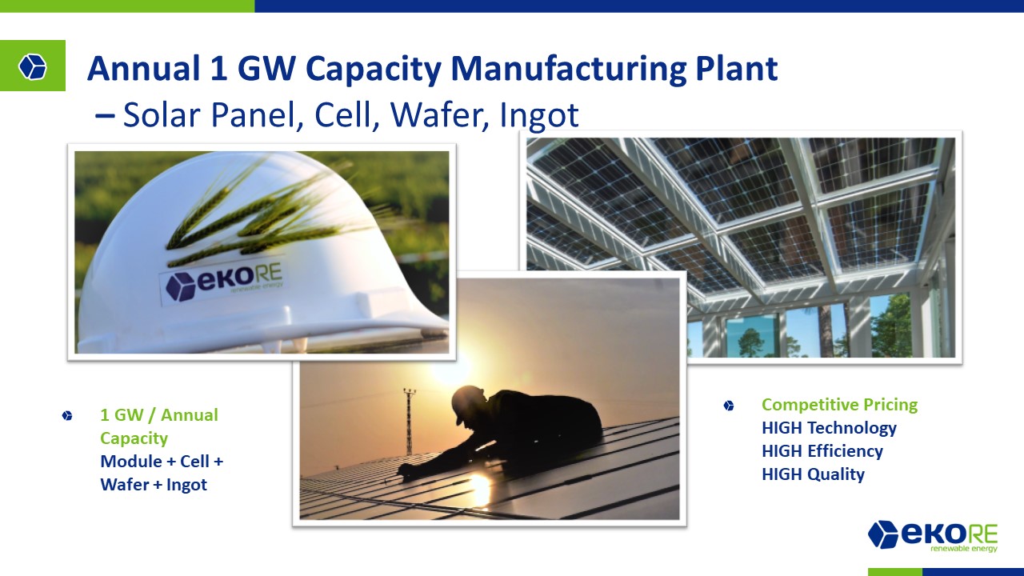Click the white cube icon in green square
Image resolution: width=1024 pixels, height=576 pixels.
pos(33,66)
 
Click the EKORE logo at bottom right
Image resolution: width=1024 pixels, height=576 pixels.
pos(933,536)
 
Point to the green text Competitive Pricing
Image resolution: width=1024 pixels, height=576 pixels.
pos(839,405)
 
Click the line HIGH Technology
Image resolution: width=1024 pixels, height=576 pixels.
pos(829,428)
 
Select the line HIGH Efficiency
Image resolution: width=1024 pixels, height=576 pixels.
pos(822,451)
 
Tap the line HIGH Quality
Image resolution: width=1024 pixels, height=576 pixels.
pos(813,474)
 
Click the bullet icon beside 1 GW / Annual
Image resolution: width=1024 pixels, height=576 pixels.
pos(67,415)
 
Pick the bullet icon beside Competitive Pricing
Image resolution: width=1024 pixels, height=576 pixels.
pos(729,406)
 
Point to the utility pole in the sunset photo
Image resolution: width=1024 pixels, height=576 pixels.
pos(409,421)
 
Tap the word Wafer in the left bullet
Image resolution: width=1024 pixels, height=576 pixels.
pos(125,485)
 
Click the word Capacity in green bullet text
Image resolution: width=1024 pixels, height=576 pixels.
pos(134,439)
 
